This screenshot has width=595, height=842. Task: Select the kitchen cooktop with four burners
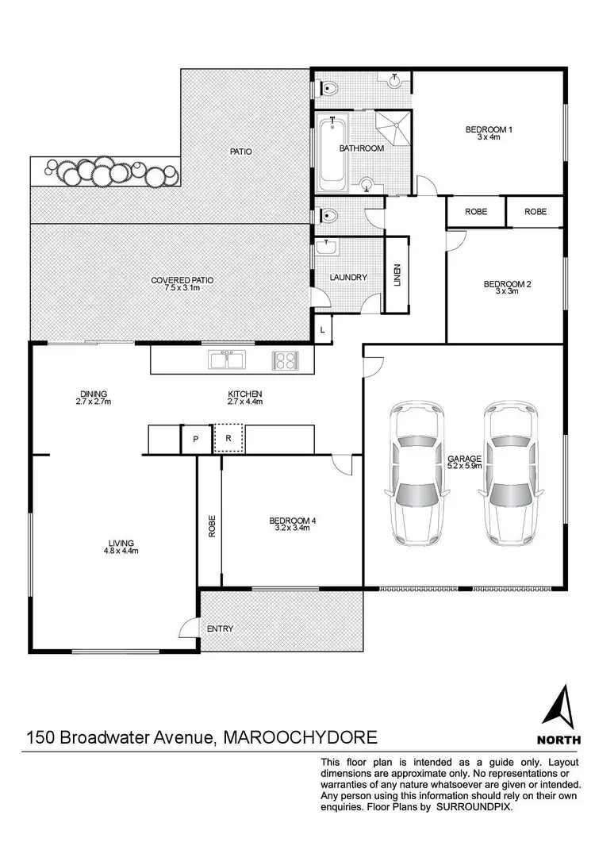pyautogui.click(x=285, y=360)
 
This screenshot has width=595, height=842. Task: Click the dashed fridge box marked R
pyautogui.click(x=229, y=438)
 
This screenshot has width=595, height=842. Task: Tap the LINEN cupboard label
pyautogui.click(x=397, y=275)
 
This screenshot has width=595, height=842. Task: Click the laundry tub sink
pyautogui.click(x=327, y=248)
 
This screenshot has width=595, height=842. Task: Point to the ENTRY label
pyautogui.click(x=220, y=629)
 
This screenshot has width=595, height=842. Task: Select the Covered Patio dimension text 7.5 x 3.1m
pyautogui.click(x=182, y=289)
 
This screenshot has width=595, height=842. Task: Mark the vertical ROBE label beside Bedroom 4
pyautogui.click(x=212, y=529)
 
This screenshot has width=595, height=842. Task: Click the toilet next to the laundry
pyautogui.click(x=328, y=214)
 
